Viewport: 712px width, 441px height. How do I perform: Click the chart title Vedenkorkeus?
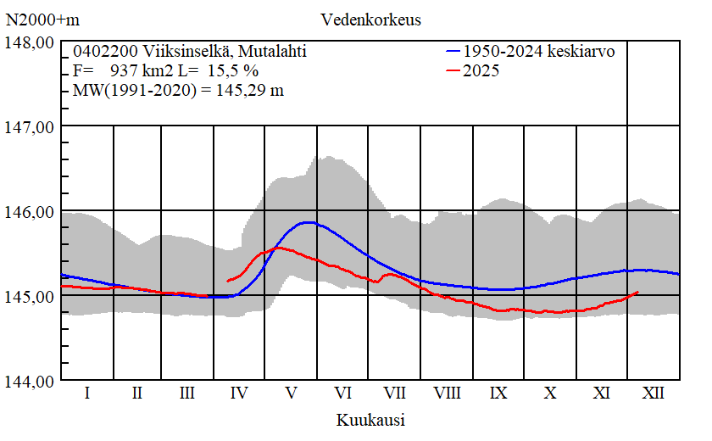pyautogui.click(x=371, y=19)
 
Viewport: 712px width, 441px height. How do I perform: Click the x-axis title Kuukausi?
pyautogui.click(x=370, y=420)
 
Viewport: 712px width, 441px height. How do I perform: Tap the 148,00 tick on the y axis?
pyautogui.click(x=31, y=42)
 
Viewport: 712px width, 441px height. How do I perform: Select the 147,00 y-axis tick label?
pyautogui.click(x=31, y=126)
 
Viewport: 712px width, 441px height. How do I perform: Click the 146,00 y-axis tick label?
pyautogui.click(x=31, y=211)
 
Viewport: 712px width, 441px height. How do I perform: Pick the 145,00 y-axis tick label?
pyautogui.click(x=31, y=296)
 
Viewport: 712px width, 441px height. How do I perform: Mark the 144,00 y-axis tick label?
pyautogui.click(x=31, y=381)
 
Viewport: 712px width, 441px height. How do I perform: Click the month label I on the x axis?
pyautogui.click(x=87, y=393)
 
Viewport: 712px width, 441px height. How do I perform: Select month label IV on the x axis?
pyautogui.click(x=240, y=393)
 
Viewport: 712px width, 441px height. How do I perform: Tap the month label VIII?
pyautogui.click(x=447, y=393)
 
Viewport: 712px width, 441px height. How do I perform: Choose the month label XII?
pyautogui.click(x=654, y=393)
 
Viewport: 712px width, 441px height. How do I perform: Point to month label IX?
pyautogui.click(x=499, y=393)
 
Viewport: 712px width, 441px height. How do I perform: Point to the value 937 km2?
pyautogui.click(x=140, y=71)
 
